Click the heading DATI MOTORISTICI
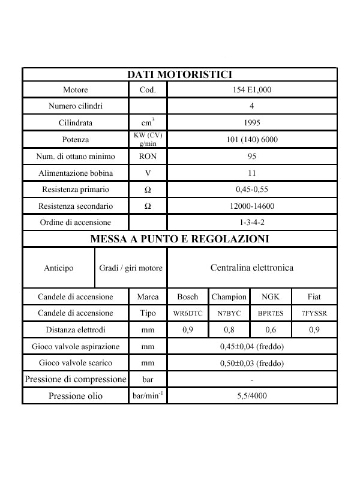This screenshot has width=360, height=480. (179, 74)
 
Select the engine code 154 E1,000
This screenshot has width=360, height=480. (252, 89)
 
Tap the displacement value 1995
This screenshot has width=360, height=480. (252, 123)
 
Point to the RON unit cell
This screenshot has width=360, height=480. (148, 157)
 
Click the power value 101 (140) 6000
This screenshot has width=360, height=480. (252, 140)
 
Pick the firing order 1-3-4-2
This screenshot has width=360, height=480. (252, 223)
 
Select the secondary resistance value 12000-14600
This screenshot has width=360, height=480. (252, 206)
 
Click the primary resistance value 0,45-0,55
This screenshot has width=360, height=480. (252, 190)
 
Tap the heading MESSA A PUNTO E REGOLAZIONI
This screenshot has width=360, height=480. (179, 239)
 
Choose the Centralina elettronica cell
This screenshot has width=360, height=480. (252, 268)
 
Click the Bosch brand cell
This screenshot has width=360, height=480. (188, 296)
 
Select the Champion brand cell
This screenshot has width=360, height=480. (229, 296)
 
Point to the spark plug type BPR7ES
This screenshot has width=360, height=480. (271, 313)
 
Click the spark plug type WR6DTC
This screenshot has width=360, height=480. (188, 313)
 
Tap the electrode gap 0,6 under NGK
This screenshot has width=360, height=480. (271, 329)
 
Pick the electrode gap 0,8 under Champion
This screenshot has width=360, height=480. (229, 329)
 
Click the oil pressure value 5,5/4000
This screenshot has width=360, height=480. (252, 396)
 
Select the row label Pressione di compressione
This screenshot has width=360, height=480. (76, 379)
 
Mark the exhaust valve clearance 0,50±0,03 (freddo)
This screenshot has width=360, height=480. (252, 363)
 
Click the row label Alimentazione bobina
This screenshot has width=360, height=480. (76, 173)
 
